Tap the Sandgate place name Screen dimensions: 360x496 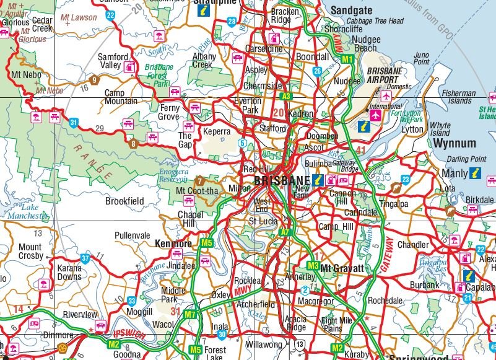tap(351, 11)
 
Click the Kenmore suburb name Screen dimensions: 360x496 tap(173, 244)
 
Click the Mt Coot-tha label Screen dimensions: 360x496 tap(198, 191)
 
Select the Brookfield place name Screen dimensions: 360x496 tap(124, 201)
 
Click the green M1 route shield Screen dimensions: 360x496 tap(347, 59)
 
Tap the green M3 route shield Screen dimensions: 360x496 tap(313, 266)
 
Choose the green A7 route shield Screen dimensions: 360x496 tap(285, 232)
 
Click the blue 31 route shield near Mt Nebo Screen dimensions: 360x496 tap(74, 123)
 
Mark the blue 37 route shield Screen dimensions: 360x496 tap(85, 258)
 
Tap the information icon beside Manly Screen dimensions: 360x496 tap(476, 173)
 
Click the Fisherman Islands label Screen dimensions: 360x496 tap(459, 97)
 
